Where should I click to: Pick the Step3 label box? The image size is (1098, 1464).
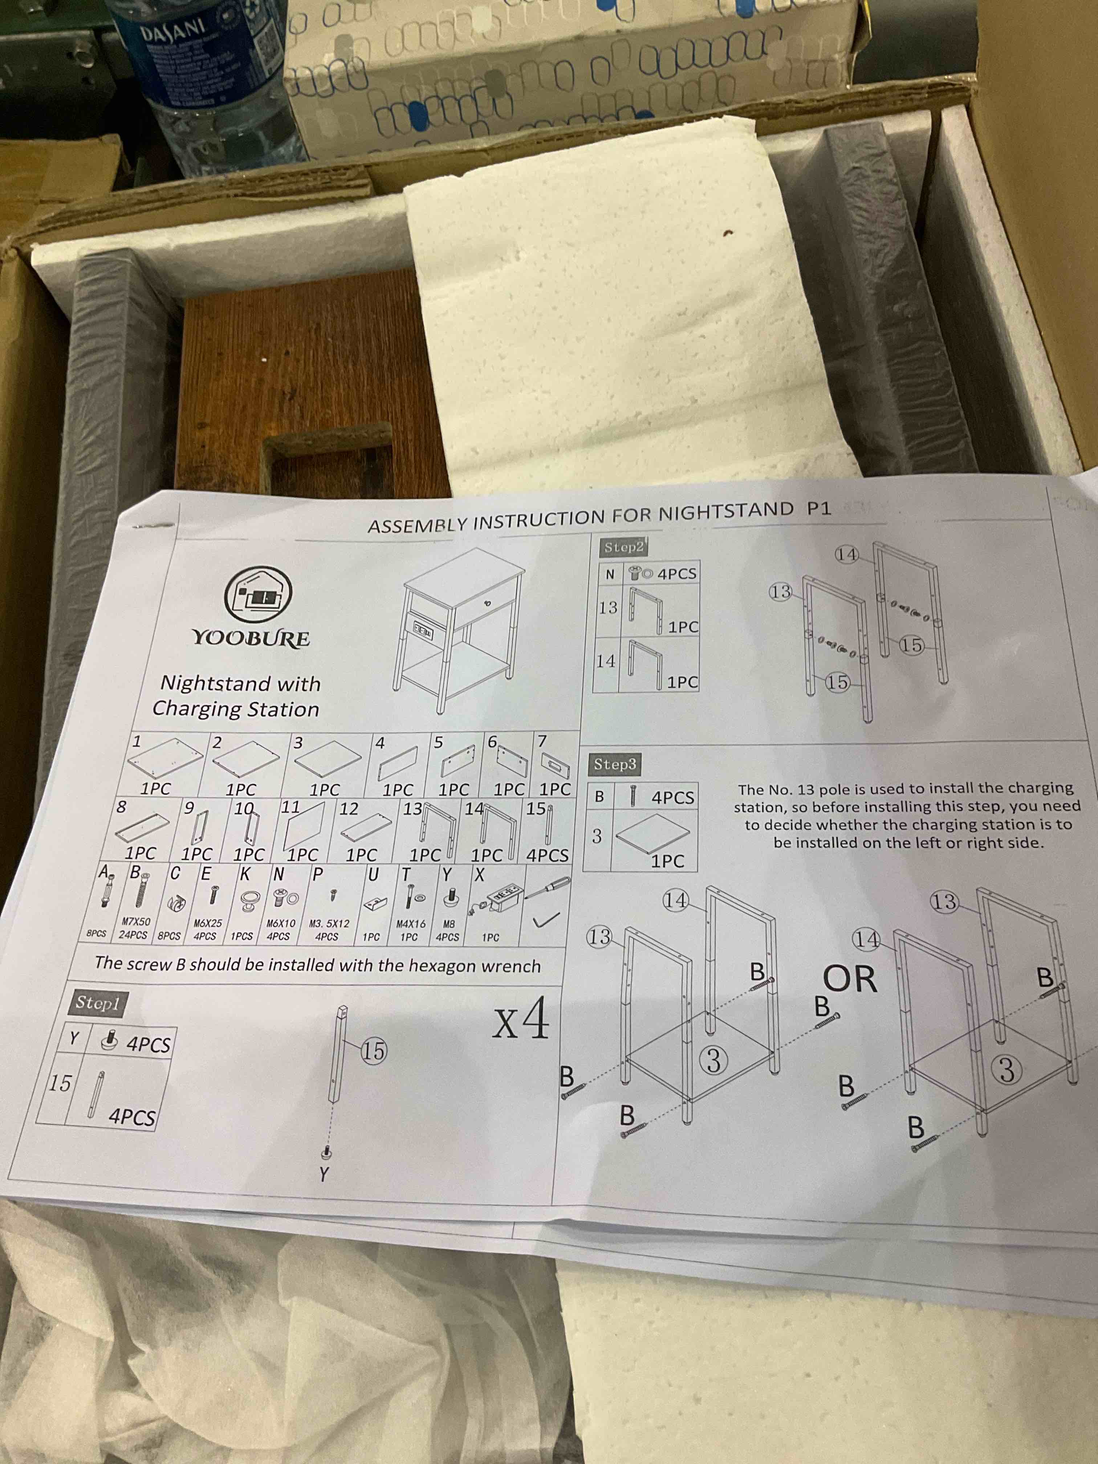(x=615, y=764)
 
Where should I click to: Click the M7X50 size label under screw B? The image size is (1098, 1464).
(x=136, y=921)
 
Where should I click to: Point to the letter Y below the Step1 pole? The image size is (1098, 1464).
(x=324, y=1175)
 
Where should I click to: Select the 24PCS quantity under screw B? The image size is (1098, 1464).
(x=133, y=935)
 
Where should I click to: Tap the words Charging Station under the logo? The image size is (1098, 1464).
(x=236, y=709)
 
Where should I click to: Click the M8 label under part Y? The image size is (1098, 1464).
(x=449, y=923)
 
